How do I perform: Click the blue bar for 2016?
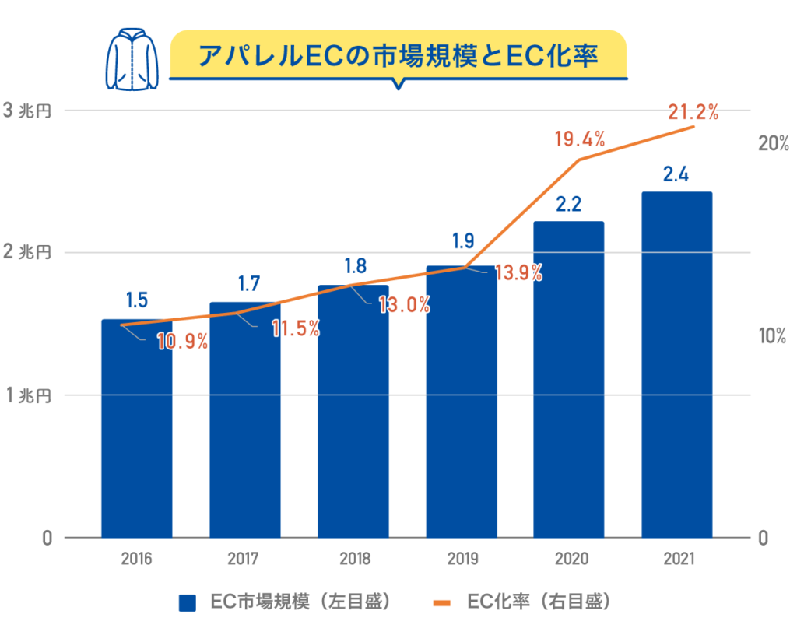tap(136, 436)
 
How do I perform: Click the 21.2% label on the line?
tap(693, 113)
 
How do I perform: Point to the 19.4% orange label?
tap(580, 140)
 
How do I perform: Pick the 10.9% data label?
tap(182, 341)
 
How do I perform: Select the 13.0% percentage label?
tap(404, 305)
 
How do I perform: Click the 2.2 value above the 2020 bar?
tap(568, 205)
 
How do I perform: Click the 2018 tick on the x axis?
tap(353, 559)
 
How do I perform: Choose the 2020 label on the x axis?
tap(568, 559)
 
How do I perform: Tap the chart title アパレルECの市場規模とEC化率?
tap(398, 56)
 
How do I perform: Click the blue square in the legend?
tap(188, 602)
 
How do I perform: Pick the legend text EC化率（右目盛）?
tap(537, 602)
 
